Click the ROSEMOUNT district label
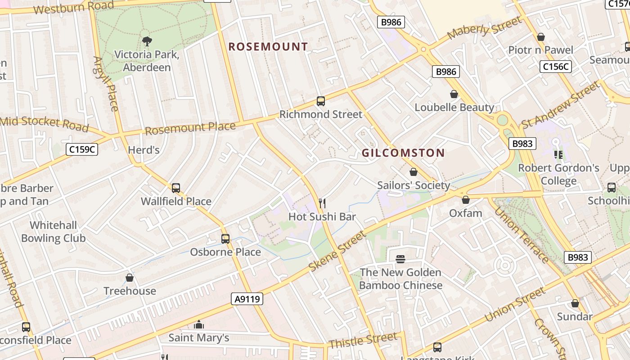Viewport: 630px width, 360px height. (268, 46)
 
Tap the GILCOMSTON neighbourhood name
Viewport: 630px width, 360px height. (403, 153)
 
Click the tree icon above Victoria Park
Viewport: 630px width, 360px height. (147, 42)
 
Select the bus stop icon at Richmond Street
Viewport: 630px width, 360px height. (320, 101)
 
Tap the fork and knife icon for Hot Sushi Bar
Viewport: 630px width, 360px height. (322, 203)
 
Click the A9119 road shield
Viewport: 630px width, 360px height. (247, 299)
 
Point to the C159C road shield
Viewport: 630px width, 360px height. (82, 149)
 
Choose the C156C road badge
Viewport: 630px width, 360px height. (555, 67)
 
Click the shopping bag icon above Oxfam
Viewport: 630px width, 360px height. (465, 200)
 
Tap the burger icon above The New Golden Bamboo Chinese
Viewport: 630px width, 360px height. (400, 259)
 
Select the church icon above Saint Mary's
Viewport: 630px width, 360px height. (198, 324)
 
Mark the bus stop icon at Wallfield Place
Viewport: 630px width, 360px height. (176, 188)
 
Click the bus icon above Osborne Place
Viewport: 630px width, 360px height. (225, 239)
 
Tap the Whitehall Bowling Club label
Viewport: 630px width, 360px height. (54, 232)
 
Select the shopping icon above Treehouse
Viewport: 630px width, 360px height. (130, 278)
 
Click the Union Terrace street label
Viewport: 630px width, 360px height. (522, 234)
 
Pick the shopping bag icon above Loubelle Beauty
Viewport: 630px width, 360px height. (454, 94)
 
